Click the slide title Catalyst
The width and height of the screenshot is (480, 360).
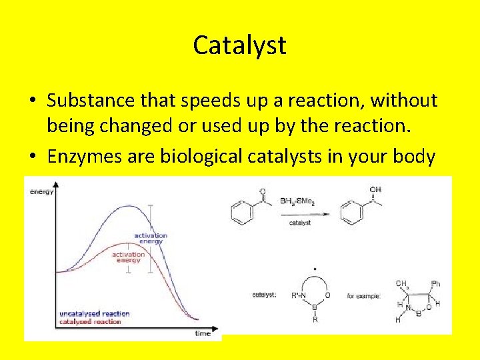pyautogui.click(x=239, y=45)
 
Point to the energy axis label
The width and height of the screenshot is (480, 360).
pyautogui.click(x=41, y=192)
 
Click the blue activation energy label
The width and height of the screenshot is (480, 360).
pyautogui.click(x=150, y=238)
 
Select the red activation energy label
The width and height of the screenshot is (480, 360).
pyautogui.click(x=128, y=257)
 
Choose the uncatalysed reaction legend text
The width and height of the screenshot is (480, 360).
pyautogui.click(x=94, y=313)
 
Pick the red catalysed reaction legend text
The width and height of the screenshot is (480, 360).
pyautogui.click(x=90, y=322)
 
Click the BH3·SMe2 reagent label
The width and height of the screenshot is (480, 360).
pyautogui.click(x=299, y=199)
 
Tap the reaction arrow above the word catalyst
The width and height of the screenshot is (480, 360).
pyautogui.click(x=300, y=213)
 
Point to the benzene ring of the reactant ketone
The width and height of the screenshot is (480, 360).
pyautogui.click(x=242, y=213)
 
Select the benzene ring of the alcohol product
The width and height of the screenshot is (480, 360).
pyautogui.click(x=351, y=213)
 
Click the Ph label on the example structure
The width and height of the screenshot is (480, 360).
pyautogui.click(x=436, y=284)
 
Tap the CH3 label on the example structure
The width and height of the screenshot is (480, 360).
pyautogui.click(x=402, y=285)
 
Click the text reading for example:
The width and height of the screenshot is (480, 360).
pyautogui.click(x=364, y=295)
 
